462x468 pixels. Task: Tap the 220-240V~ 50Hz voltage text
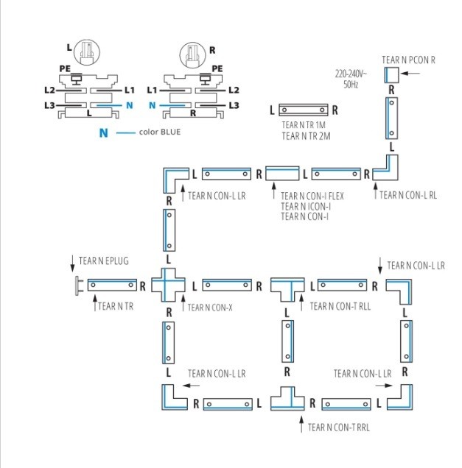point(351,79)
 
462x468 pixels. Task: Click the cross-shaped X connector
point(169,284)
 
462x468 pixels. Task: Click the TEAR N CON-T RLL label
point(340,305)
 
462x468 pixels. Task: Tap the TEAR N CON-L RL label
point(408,196)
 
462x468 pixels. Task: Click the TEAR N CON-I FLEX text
point(312,196)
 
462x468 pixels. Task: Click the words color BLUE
point(160,133)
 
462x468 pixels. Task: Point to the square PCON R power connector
point(391,74)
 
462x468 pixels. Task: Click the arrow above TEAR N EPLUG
point(72,262)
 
